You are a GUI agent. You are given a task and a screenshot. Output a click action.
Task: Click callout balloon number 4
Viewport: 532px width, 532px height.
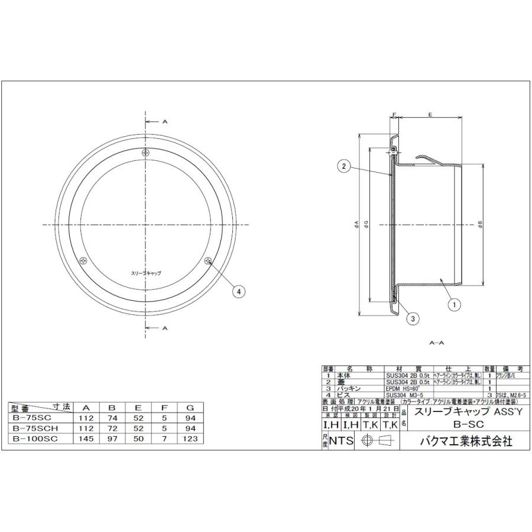pyautogui.click(x=239, y=291)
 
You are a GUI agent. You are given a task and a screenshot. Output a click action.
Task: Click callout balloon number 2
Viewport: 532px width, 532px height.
pyautogui.click(x=342, y=167)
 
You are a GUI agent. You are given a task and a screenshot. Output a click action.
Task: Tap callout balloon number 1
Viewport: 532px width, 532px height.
pyautogui.click(x=455, y=306)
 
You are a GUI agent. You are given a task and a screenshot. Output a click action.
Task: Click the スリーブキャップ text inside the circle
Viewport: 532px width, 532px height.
pyautogui.click(x=145, y=274)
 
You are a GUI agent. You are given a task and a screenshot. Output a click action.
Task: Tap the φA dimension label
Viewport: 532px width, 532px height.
pyautogui.click(x=356, y=224)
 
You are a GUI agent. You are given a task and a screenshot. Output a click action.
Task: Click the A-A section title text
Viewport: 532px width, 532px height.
pyautogui.click(x=437, y=343)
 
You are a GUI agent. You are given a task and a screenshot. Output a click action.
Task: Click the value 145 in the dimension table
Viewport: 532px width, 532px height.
pyautogui.click(x=86, y=438)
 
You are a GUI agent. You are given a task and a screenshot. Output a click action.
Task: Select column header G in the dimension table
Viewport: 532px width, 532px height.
pyautogui.click(x=189, y=407)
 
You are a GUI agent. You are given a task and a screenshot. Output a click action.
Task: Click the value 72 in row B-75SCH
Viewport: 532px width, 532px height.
pyautogui.click(x=112, y=428)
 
